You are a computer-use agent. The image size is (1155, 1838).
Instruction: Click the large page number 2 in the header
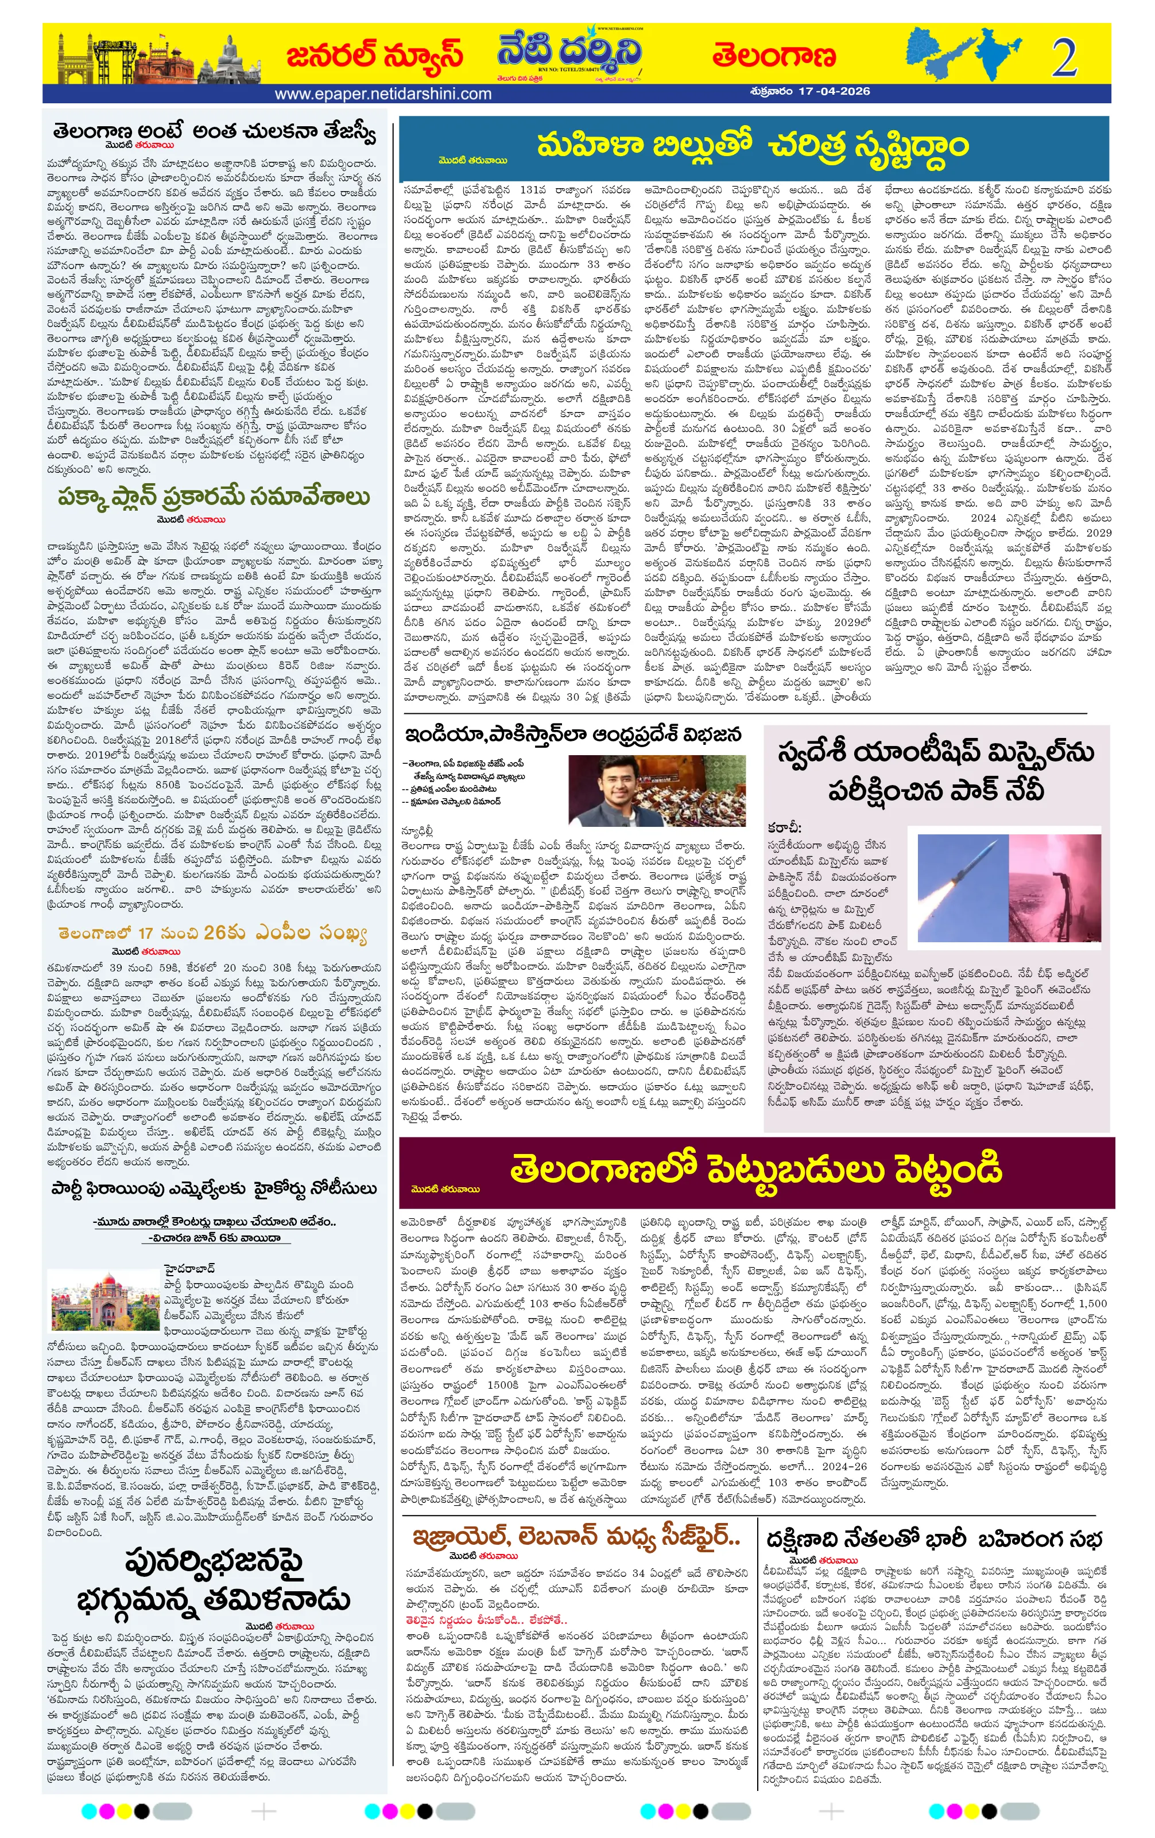pyautogui.click(x=1063, y=58)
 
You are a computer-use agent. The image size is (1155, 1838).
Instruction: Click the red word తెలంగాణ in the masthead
pyautogui.click(x=773, y=56)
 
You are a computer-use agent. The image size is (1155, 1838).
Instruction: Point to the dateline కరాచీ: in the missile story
pyautogui.click(x=784, y=827)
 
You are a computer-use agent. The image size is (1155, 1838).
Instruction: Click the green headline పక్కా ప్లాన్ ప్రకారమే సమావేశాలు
pyautogui.click(x=214, y=497)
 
